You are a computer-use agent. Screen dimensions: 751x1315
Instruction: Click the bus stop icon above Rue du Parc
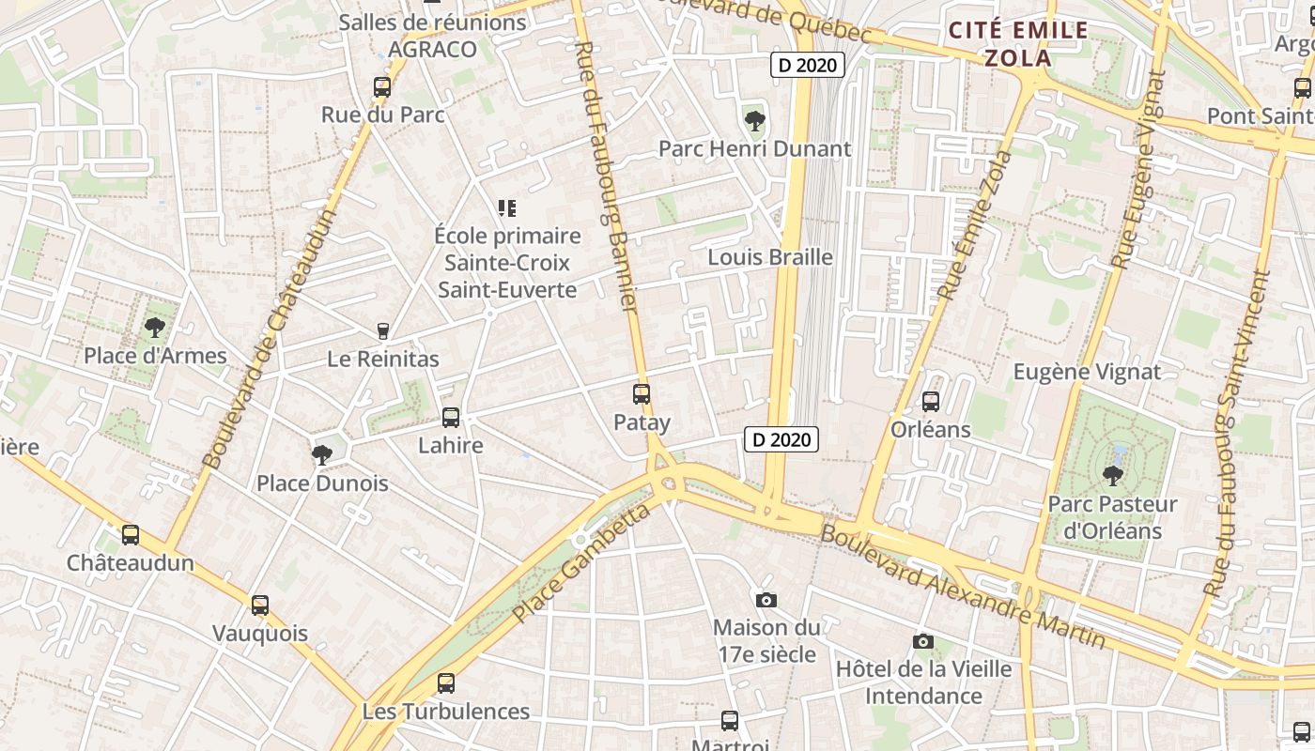pyautogui.click(x=382, y=87)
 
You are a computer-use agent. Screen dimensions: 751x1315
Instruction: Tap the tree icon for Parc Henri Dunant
pyautogui.click(x=754, y=121)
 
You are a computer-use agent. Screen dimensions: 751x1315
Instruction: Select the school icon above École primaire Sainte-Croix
pyautogui.click(x=507, y=207)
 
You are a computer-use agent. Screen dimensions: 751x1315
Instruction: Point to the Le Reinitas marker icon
pyautogui.click(x=382, y=330)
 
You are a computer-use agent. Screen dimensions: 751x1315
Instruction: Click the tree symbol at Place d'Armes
pyautogui.click(x=155, y=328)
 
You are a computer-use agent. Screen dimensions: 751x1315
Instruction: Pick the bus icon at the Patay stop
pyautogui.click(x=642, y=394)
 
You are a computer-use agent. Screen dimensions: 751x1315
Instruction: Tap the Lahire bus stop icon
pyautogui.click(x=451, y=418)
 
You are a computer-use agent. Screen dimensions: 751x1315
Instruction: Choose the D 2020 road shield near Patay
pyautogui.click(x=781, y=439)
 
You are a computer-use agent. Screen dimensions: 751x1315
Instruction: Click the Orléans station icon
pyautogui.click(x=931, y=402)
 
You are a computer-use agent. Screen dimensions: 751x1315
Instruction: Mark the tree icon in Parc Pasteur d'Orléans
pyautogui.click(x=1113, y=476)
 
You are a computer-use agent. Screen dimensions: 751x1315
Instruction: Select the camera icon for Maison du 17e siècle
pyautogui.click(x=766, y=600)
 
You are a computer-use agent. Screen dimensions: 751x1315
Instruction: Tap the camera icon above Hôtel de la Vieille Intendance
pyautogui.click(x=923, y=641)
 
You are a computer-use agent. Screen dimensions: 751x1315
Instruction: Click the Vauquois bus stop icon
pyautogui.click(x=260, y=605)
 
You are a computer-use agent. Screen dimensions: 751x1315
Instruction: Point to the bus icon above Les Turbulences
pyautogui.click(x=446, y=683)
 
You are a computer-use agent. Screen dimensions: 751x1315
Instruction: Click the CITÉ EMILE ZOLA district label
pyautogui.click(x=1018, y=44)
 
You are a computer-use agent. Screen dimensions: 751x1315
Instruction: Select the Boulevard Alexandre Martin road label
pyautogui.click(x=963, y=587)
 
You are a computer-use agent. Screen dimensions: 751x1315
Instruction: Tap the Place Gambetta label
pyautogui.click(x=581, y=563)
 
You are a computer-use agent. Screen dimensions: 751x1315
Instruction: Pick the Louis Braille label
pyautogui.click(x=770, y=257)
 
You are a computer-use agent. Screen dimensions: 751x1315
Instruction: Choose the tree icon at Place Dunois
pyautogui.click(x=322, y=455)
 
